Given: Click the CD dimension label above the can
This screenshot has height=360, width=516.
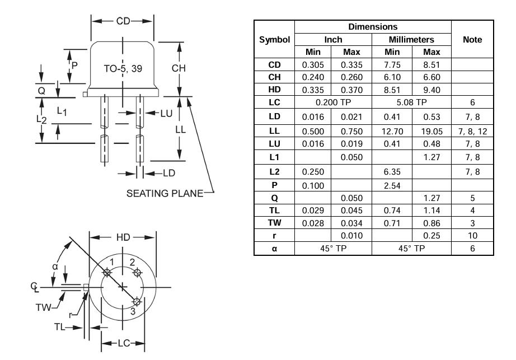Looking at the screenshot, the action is [123, 21].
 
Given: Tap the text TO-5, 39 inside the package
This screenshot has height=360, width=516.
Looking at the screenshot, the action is [123, 69].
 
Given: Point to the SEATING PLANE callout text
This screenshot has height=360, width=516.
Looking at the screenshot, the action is [165, 194].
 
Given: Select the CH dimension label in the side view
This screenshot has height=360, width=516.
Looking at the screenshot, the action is [179, 68].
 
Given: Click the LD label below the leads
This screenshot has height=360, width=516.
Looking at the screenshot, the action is [169, 173].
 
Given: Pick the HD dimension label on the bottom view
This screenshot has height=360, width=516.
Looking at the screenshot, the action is [123, 237].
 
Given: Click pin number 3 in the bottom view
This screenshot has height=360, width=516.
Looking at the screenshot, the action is [133, 311].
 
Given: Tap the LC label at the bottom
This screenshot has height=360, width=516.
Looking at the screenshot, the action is [124, 344].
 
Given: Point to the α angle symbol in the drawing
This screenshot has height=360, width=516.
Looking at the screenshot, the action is [55, 267].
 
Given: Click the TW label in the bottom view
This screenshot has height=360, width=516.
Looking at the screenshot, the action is [44, 308].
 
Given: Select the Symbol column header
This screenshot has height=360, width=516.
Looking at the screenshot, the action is [274, 40].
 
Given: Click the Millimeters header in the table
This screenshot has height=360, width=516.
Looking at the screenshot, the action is [411, 40].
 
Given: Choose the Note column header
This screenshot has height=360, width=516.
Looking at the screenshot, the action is [472, 40].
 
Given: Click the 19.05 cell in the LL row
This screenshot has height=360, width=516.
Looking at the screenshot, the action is [431, 132].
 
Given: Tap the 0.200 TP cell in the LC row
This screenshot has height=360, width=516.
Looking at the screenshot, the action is [333, 102].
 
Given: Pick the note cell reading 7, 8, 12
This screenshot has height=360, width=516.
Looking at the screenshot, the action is [472, 132].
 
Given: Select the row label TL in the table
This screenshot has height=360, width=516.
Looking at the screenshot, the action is [274, 211].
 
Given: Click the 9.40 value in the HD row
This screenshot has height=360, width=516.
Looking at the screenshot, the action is [431, 90].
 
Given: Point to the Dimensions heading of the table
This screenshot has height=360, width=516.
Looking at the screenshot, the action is [373, 27].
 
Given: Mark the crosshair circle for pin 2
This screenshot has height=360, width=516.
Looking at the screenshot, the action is [137, 273].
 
